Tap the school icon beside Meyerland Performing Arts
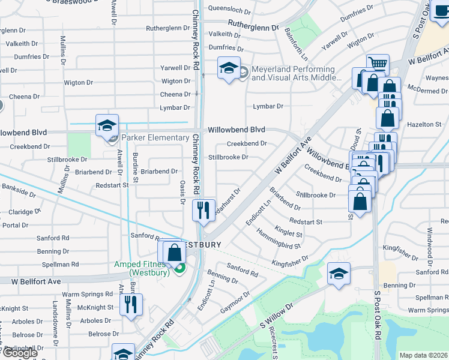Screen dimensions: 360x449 (229, 70)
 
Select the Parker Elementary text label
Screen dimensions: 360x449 (155, 138)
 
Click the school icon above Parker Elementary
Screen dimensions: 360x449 (106, 125)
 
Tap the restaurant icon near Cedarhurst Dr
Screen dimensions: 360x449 (203, 210)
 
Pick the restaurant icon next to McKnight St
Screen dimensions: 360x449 (130, 304)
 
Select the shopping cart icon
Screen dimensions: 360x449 (378, 64)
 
